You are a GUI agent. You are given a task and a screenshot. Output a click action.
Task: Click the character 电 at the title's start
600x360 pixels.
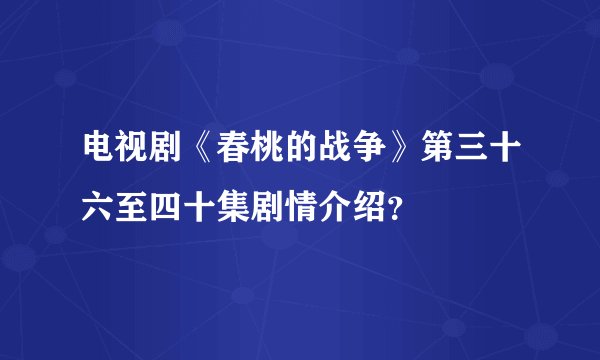pos(99,156)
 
